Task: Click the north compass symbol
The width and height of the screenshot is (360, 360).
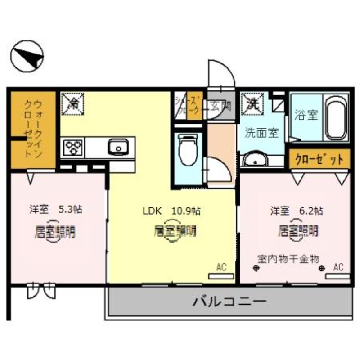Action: (x=27, y=56)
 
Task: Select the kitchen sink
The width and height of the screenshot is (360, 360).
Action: (x=118, y=147)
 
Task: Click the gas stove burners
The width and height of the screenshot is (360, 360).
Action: (x=73, y=148)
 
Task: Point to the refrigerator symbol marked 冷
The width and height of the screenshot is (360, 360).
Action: (x=72, y=103)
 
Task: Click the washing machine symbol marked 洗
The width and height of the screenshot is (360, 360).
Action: (x=252, y=103)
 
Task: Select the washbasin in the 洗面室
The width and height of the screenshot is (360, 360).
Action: (x=255, y=160)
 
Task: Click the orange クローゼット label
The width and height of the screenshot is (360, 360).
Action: (x=320, y=159)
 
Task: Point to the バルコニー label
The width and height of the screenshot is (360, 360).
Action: (x=230, y=300)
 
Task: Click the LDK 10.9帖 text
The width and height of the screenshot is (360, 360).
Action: (x=171, y=210)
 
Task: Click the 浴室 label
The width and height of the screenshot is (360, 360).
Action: (x=306, y=115)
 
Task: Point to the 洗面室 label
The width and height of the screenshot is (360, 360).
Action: (x=261, y=133)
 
